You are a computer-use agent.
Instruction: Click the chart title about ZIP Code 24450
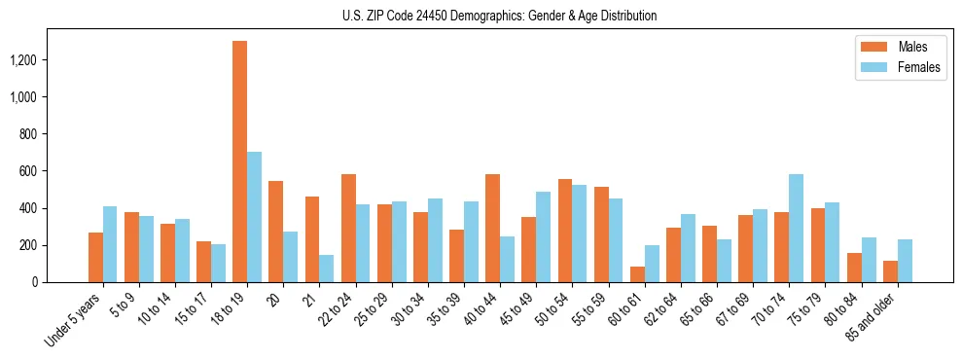coord(499,16)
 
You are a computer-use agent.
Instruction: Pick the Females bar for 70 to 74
coord(796,229)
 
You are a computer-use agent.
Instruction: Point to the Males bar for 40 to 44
coord(492,229)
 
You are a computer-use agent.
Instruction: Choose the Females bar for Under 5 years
coord(110,244)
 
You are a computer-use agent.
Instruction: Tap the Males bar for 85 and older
coord(890,271)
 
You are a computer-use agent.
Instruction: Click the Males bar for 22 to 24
coord(348,229)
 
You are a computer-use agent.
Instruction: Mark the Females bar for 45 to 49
coord(543,237)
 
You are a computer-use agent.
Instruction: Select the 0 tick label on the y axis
coord(36,282)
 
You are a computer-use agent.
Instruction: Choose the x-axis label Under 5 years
coord(73,320)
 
